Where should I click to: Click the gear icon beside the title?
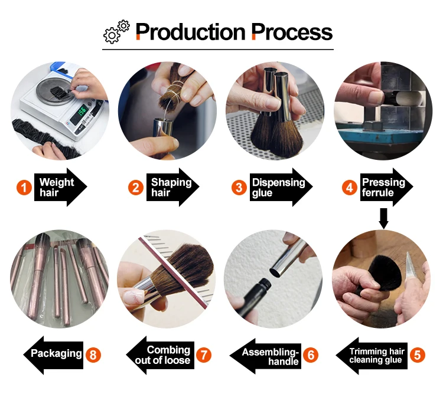pos(116,32)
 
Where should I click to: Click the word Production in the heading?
pos(190,32)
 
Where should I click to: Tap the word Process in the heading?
pos(292,32)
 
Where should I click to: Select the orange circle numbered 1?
pos(24,188)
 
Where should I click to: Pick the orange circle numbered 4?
pos(350,188)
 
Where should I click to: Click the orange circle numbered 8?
pos(93,354)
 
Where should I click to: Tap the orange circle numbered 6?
pos(311,355)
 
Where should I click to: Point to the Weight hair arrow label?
pos(60,187)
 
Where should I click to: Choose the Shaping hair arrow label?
pos(172,187)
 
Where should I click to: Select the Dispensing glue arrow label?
pos(281,187)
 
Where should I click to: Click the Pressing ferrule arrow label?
pos(386,187)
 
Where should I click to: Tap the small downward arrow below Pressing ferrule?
pos(383,218)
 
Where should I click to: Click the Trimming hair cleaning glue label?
pos(372,356)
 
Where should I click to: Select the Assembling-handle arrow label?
pos(265,356)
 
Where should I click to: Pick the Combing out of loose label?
pos(160,355)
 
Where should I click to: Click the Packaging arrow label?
pos(53,355)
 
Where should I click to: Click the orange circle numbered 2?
pos(136,188)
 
